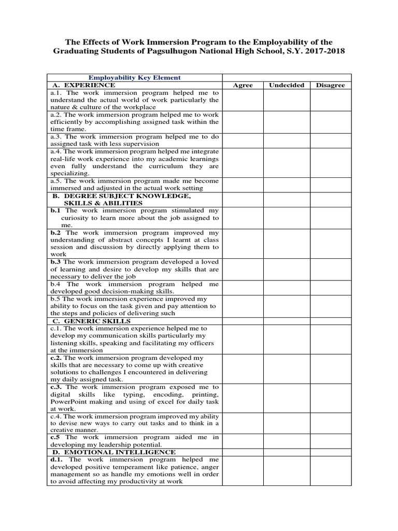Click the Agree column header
[243, 85]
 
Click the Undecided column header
[286, 85]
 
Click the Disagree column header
[330, 85]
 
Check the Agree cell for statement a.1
[243, 100]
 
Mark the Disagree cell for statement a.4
[330, 162]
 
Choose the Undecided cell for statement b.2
[286, 244]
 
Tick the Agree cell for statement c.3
[243, 398]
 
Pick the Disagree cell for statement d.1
[330, 470]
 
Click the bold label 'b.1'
[55, 211]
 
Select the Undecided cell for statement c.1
[286, 340]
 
